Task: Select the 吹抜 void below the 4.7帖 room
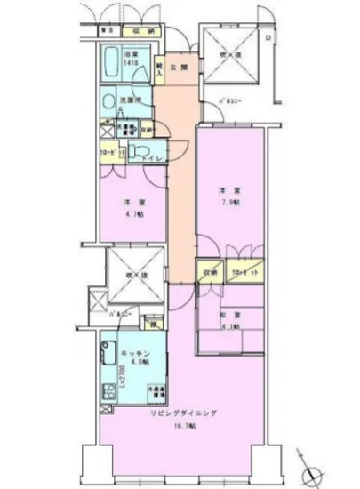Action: pos(133,271)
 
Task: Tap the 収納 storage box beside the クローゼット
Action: pos(209,272)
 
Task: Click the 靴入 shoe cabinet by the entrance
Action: pos(159,69)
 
